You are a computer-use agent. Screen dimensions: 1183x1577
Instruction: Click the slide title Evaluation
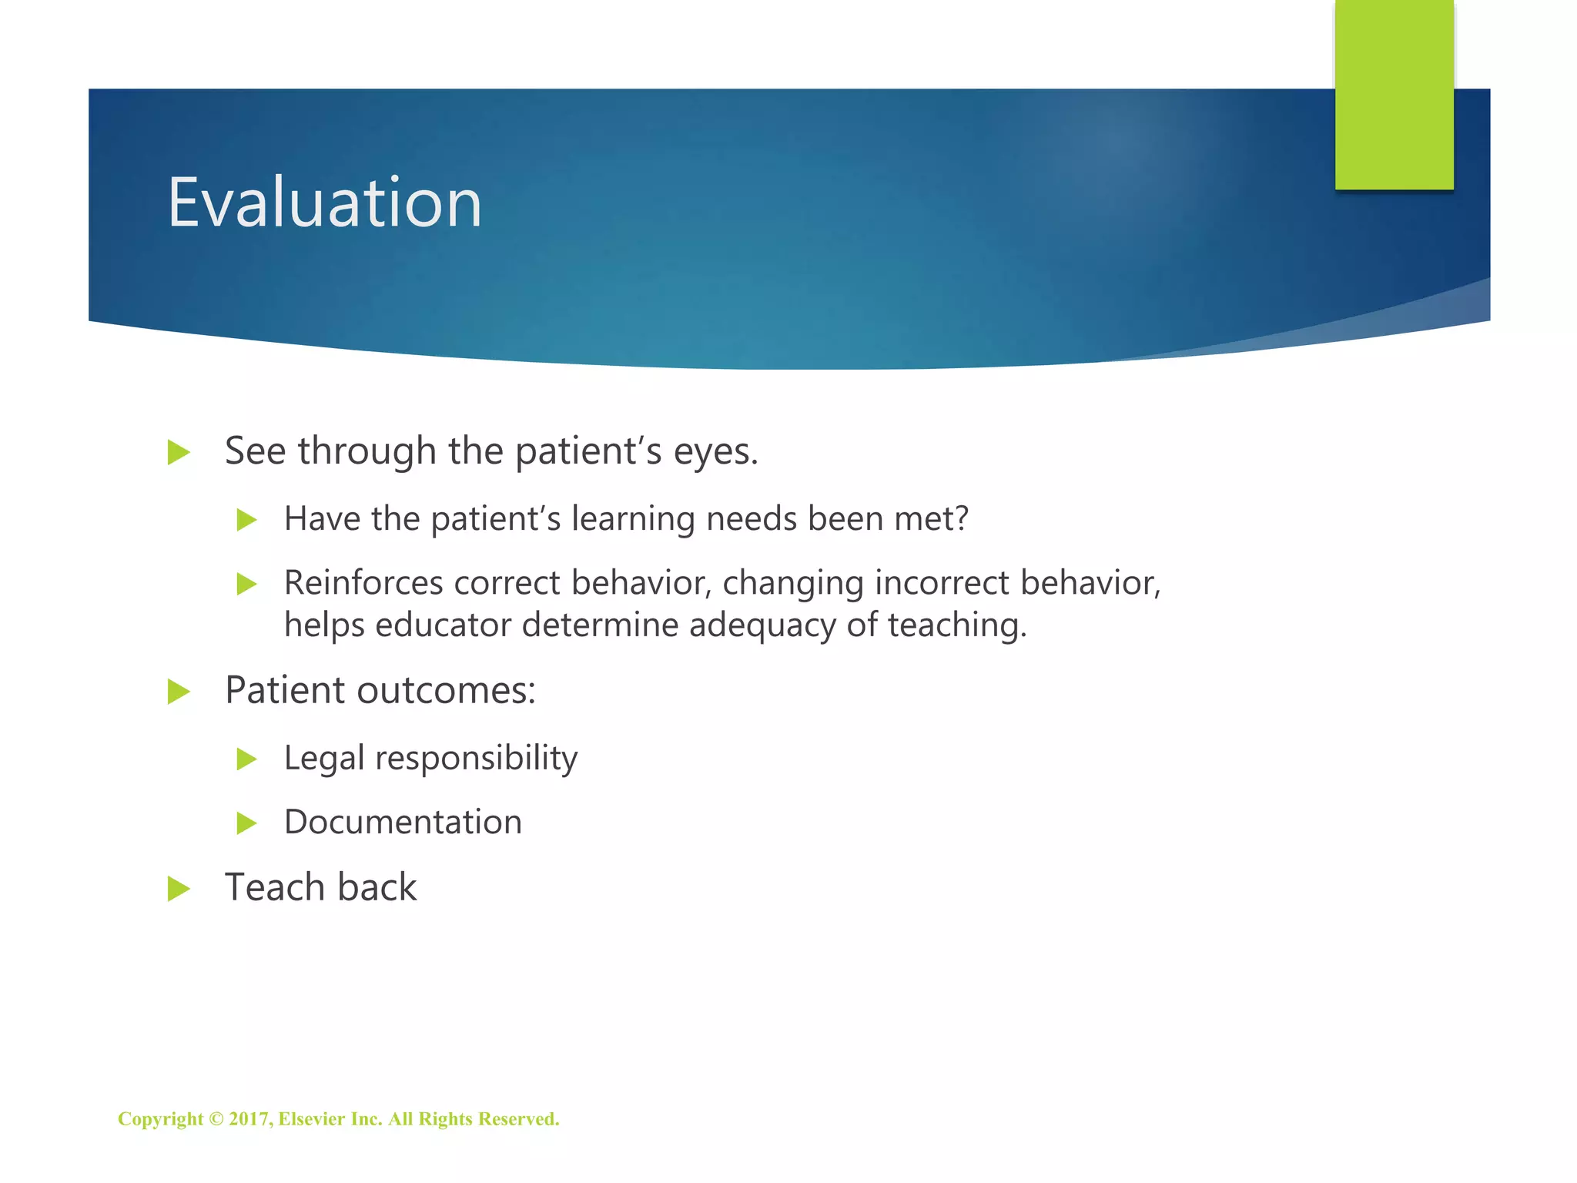coord(324,203)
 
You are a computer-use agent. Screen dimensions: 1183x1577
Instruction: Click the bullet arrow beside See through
coord(179,452)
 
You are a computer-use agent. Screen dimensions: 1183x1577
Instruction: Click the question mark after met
coord(960,518)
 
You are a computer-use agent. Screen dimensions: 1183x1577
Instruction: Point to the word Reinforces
coord(363,583)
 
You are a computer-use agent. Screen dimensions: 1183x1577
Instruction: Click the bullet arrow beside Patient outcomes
coord(179,691)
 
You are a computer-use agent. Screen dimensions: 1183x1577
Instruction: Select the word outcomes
coord(446,690)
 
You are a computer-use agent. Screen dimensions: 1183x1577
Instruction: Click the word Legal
coord(323,759)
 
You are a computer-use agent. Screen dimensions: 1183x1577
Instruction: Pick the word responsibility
coord(476,759)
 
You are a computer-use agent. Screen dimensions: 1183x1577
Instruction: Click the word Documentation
coord(403,822)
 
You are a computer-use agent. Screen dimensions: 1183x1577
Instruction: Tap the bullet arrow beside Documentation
coord(246,823)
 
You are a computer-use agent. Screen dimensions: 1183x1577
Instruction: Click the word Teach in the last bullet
coord(274,887)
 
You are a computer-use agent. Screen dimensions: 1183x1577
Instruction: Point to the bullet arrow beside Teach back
coord(179,889)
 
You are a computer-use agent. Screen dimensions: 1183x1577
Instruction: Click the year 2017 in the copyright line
coord(248,1119)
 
